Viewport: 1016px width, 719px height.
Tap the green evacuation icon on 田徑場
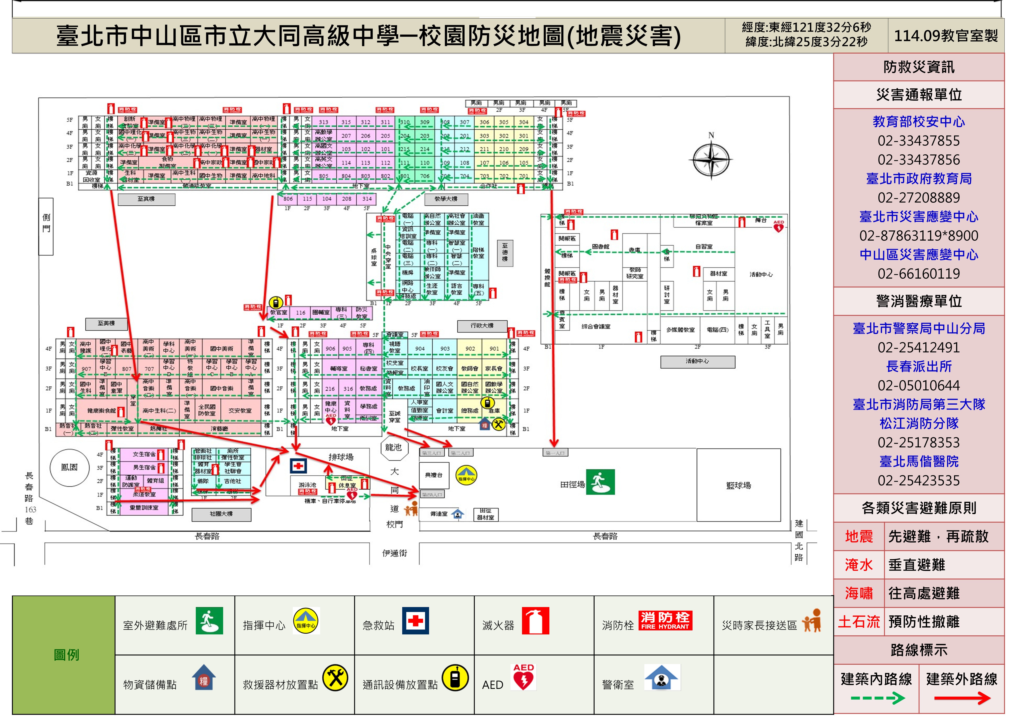(x=600, y=482)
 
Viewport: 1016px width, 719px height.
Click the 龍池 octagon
(x=393, y=448)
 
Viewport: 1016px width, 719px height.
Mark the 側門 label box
(x=46, y=226)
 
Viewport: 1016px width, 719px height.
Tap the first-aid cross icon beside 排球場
(x=298, y=466)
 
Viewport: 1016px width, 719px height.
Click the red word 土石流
(x=858, y=622)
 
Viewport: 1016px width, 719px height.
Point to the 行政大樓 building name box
(x=482, y=325)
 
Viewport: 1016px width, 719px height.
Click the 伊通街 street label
(x=394, y=553)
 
